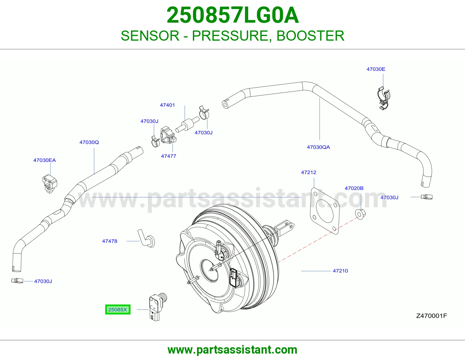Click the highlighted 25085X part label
(118, 309)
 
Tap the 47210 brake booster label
(340, 271)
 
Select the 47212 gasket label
(309, 172)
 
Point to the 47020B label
(354, 188)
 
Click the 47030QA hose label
(319, 147)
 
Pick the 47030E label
(376, 69)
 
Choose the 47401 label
(167, 105)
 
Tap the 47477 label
(169, 156)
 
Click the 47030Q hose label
(89, 142)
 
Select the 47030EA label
(44, 160)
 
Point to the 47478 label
(110, 241)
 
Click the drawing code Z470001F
(431, 316)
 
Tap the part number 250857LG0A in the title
(233, 15)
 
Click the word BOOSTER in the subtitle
(310, 36)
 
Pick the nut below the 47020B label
(360, 214)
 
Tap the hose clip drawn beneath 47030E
(383, 98)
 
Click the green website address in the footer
(233, 350)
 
